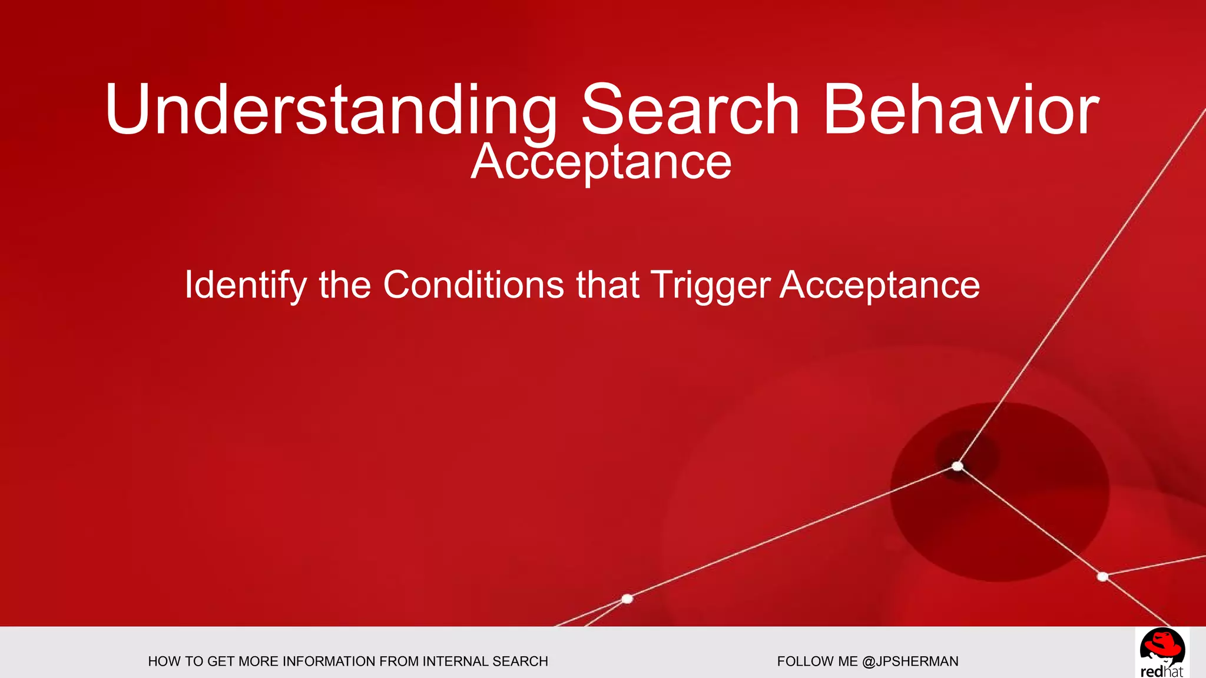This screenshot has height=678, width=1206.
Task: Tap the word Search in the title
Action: coord(690,111)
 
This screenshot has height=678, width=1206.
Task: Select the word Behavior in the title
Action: coord(960,111)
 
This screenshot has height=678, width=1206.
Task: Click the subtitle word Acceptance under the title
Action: coord(601,162)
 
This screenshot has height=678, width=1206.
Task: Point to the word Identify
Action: coord(245,285)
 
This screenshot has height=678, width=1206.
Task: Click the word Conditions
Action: coord(473,285)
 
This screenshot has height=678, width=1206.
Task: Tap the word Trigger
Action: coord(710,285)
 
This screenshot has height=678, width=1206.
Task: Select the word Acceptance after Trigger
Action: coord(880,285)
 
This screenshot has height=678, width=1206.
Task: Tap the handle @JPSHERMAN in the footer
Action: coord(910,662)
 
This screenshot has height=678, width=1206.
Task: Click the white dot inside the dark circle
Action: coord(957,466)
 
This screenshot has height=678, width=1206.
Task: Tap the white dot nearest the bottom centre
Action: coord(627,599)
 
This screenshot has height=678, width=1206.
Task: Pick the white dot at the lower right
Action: coord(1103,576)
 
